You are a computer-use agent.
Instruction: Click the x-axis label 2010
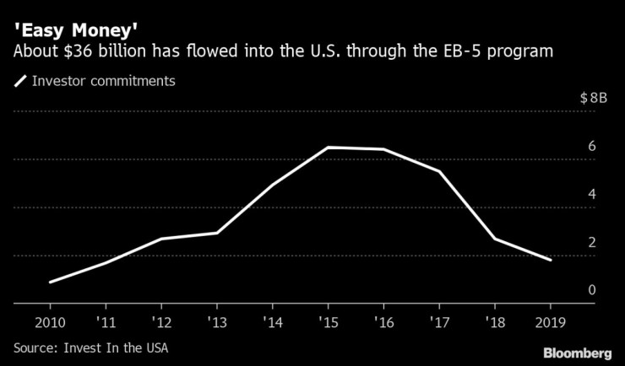coord(50,323)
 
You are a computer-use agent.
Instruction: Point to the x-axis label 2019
coord(551,323)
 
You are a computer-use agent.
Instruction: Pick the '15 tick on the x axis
coord(328,323)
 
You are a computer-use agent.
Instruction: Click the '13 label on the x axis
coord(216,323)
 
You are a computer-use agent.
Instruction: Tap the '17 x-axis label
coord(439,323)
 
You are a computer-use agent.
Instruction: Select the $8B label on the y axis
coord(593,98)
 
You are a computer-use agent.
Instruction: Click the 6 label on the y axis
coord(593,146)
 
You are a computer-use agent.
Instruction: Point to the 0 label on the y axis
coord(593,290)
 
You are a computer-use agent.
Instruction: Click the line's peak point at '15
coord(328,148)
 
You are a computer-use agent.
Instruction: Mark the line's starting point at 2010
coord(50,282)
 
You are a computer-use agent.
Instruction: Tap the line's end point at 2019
coord(551,260)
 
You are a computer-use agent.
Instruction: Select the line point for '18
coord(495,239)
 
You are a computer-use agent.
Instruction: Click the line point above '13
coord(216,233)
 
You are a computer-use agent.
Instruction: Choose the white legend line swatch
coord(20,81)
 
